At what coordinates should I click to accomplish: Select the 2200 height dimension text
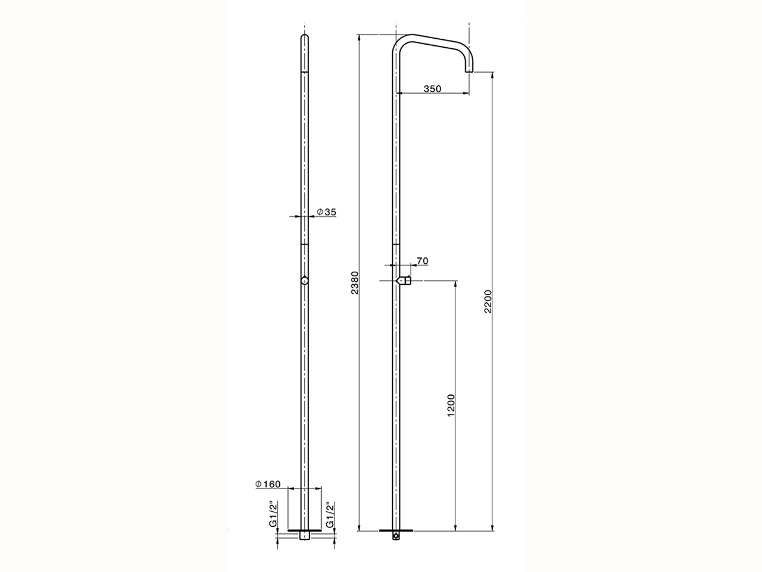click(488, 301)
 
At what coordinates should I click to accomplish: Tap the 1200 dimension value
click(451, 405)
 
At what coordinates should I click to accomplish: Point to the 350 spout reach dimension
click(432, 89)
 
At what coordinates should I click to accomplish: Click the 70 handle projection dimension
click(422, 261)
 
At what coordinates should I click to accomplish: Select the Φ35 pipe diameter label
click(326, 212)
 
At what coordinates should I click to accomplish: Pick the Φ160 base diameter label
click(267, 484)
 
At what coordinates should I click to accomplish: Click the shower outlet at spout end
click(469, 72)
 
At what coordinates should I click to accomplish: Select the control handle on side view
click(405, 280)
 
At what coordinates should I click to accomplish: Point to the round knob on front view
click(304, 281)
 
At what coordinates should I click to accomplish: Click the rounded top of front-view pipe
click(304, 38)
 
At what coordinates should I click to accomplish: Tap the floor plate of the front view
click(304, 530)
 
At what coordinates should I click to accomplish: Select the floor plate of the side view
click(396, 530)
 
